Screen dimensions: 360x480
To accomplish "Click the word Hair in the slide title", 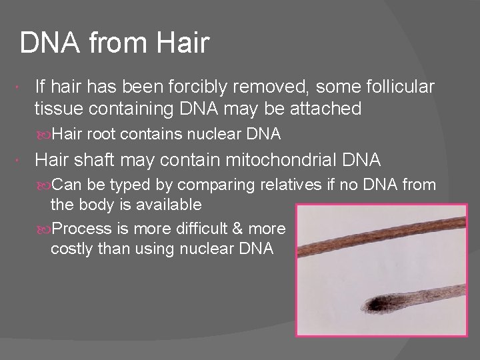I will pyautogui.click(x=183, y=43).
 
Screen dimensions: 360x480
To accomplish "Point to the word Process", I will pyautogui.click(x=81, y=228).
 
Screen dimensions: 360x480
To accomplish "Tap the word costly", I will pyautogui.click(x=72, y=249).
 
